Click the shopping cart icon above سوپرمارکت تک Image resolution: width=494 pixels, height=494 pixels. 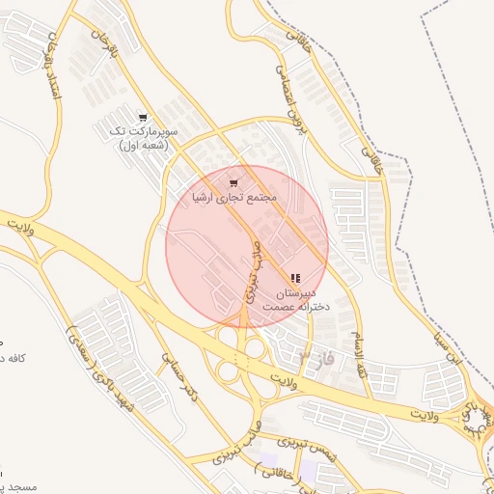coord(144,117)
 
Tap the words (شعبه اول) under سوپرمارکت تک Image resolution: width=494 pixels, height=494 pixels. coord(144,145)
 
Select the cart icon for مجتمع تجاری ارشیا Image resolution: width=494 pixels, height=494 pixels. coord(233,182)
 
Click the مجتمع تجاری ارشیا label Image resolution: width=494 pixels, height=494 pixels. coord(234,197)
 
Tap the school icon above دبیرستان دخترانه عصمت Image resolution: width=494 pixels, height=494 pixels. coord(295,278)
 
